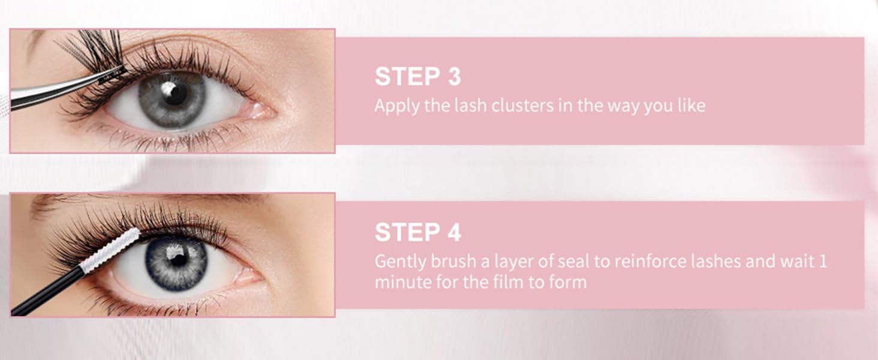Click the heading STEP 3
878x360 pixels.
tap(417, 77)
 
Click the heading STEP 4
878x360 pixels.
tap(417, 232)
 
